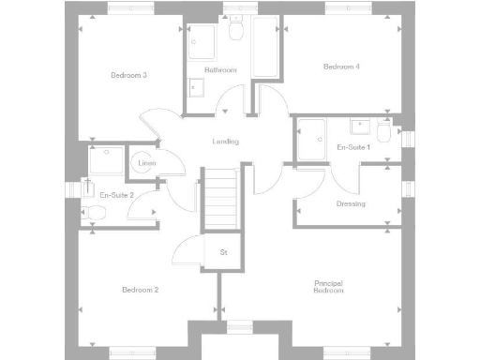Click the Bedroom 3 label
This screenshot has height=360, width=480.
128,75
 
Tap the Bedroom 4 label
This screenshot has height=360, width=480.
341,67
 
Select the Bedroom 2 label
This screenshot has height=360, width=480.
140,290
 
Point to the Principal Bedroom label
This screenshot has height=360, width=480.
328,288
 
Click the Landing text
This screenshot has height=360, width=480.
225,142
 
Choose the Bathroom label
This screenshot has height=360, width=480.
221,70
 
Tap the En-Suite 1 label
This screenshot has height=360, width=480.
354,147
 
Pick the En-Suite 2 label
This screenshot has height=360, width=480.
117,195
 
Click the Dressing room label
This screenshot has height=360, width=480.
351,203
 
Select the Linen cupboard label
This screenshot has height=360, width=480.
146,164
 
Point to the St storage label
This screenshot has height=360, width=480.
223,252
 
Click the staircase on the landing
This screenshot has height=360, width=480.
222,199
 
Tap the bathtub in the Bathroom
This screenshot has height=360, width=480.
265,47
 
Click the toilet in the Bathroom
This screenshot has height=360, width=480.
236,34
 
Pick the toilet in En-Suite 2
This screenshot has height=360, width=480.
95,215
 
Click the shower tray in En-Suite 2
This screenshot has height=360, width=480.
108,160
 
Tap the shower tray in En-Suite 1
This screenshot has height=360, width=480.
311,141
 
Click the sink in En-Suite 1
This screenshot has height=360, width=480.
359,126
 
